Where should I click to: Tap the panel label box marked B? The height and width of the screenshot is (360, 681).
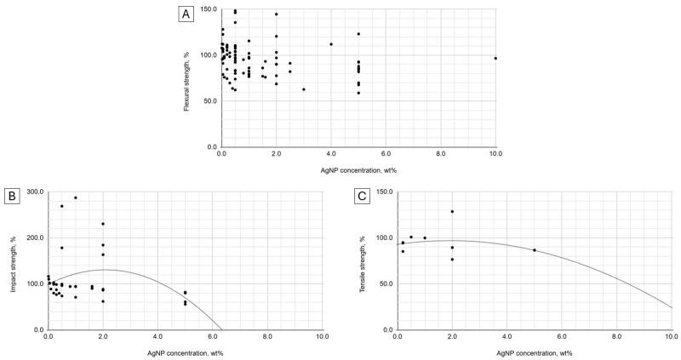tap(13, 197)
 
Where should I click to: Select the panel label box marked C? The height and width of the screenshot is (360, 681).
tap(362, 197)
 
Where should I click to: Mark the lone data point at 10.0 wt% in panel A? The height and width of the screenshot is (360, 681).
tap(495, 59)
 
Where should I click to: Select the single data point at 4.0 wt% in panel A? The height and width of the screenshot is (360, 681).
tap(331, 44)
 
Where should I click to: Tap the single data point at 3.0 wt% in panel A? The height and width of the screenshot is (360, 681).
tap(304, 89)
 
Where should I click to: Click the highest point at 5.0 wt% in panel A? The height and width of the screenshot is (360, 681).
tap(358, 34)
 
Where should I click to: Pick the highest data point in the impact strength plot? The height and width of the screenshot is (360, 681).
tap(75, 197)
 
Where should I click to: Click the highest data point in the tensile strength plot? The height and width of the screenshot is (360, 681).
tap(452, 211)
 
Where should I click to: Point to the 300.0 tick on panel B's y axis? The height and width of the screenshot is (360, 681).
tap(34, 192)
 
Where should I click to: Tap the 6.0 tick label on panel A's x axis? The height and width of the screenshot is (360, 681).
tap(386, 155)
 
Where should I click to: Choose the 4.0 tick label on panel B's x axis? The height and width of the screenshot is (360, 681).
tap(157, 338)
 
